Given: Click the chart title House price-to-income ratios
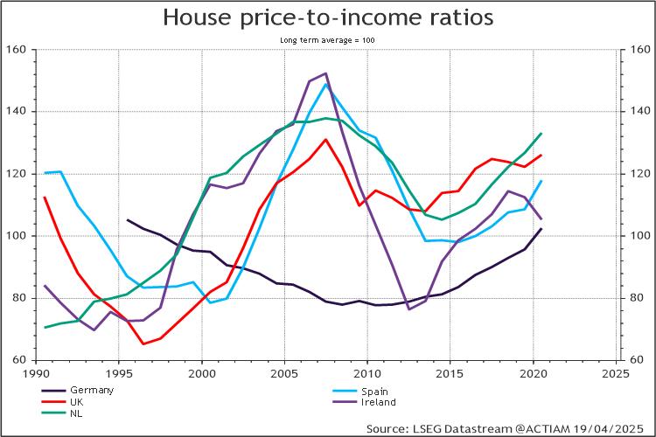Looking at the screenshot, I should [328, 17].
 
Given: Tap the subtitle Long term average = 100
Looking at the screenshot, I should [328, 40].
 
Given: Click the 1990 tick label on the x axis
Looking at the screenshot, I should [37, 371].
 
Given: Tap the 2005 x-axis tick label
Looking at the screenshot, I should [284, 371].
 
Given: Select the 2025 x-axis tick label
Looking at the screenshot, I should [616, 371].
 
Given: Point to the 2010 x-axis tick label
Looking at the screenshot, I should [367, 371].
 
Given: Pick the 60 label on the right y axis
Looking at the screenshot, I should [636, 360].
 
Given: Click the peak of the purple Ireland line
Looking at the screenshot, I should [325, 73].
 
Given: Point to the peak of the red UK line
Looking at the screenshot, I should [325, 139].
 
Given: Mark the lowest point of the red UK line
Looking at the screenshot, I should [143, 343].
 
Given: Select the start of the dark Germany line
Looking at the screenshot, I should [128, 220].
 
